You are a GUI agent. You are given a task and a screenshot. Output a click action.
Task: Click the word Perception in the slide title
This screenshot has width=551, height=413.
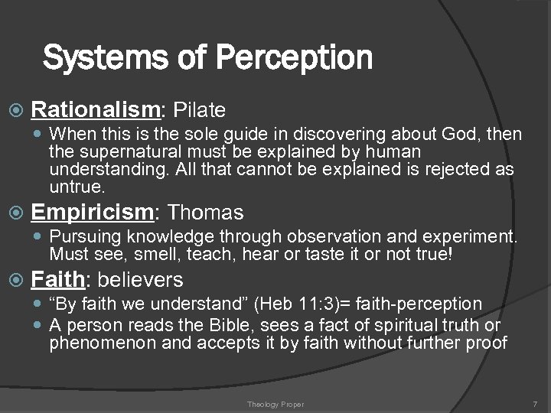tap(295, 57)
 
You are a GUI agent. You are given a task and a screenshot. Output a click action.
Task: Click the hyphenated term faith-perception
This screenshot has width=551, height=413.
tap(417, 304)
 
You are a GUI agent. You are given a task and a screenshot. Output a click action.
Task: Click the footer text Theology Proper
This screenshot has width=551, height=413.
tap(276, 403)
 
